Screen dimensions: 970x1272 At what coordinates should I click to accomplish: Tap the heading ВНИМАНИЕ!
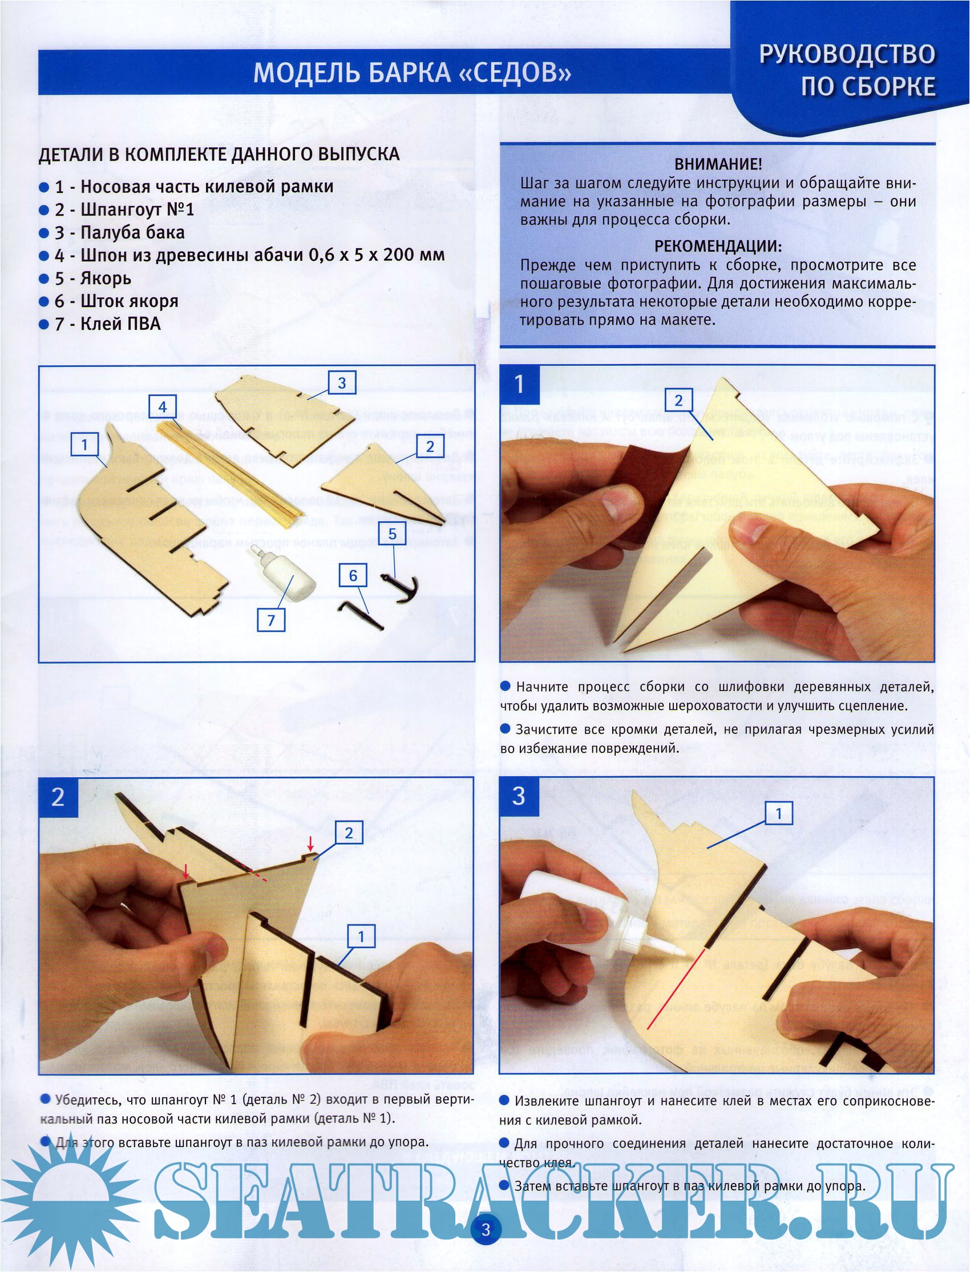pyautogui.click(x=718, y=164)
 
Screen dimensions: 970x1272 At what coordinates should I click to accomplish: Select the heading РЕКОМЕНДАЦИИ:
pyautogui.click(x=718, y=246)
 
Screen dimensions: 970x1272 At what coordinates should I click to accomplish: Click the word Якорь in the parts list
pyautogui.click(x=105, y=279)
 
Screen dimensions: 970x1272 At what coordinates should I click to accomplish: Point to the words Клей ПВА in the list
pyautogui.click(x=120, y=324)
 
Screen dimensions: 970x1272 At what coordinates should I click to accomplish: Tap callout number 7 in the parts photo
pyautogui.click(x=271, y=621)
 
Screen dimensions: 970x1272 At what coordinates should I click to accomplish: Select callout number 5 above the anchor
pyautogui.click(x=392, y=534)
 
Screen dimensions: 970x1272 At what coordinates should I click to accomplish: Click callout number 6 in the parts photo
pyautogui.click(x=353, y=575)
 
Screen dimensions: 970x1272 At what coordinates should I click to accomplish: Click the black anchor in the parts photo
pyautogui.click(x=400, y=588)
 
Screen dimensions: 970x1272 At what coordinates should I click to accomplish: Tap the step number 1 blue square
pyautogui.click(x=520, y=385)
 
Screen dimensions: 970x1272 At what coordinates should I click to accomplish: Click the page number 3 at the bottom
pyautogui.click(x=486, y=1229)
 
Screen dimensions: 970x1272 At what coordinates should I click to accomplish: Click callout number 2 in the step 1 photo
pyautogui.click(x=678, y=401)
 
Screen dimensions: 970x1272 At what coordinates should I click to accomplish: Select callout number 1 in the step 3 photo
pyautogui.click(x=778, y=814)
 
